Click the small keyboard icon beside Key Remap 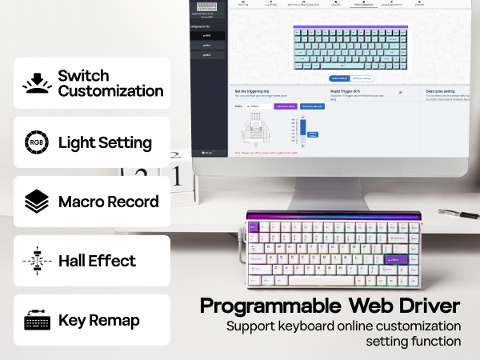point(36,320)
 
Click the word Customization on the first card point(110,90)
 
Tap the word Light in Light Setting point(74,143)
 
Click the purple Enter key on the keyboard point(395,258)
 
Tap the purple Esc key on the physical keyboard point(254,228)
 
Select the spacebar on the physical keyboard point(321,281)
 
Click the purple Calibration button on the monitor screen point(285,106)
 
